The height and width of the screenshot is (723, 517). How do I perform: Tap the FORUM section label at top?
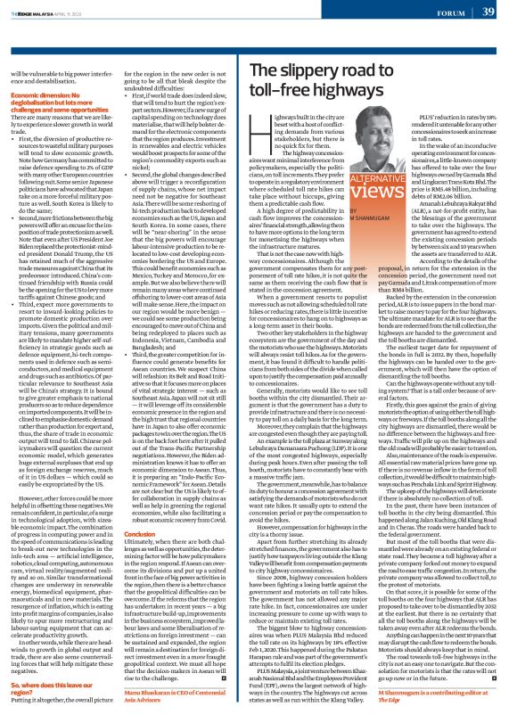pyautogui.click(x=449, y=12)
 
